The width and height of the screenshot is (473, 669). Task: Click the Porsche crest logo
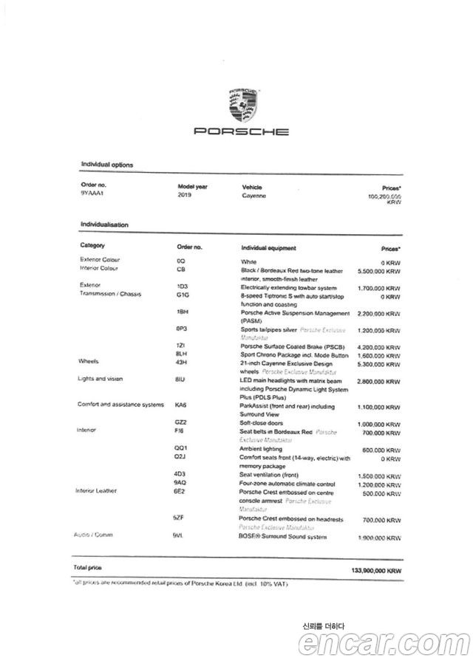pos(241,106)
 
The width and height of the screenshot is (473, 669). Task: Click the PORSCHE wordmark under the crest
pos(241,132)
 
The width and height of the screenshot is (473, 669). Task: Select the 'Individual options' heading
pos(107,165)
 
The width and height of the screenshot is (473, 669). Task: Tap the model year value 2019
pos(185,196)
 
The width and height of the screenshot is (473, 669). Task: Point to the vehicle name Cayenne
pos(253,196)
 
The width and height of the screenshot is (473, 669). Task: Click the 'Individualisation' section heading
pos(105,224)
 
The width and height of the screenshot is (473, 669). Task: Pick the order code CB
pos(180,269)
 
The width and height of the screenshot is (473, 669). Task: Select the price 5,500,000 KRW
pos(378,271)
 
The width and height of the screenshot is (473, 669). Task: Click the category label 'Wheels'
pos(89,361)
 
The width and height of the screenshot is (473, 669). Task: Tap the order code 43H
pos(182,361)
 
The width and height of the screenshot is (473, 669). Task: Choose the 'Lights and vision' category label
pos(101,379)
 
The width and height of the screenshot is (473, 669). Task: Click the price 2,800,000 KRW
pos(378,382)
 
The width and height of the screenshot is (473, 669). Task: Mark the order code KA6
pos(181,405)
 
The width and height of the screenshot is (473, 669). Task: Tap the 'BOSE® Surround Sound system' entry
pos(283,537)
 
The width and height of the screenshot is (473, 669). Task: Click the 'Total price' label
pos(88,567)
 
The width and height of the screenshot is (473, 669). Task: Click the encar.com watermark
pos(384,645)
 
